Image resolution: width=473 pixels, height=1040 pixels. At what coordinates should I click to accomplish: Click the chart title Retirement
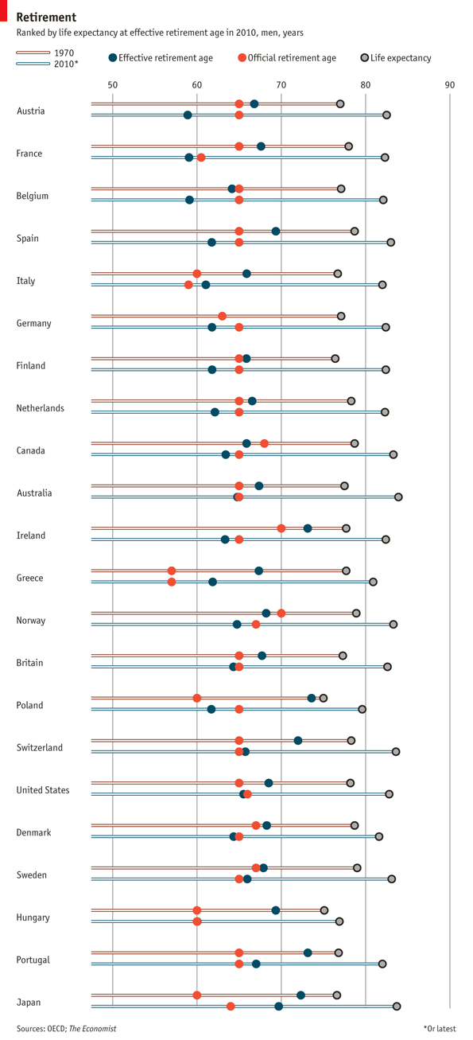[46, 18]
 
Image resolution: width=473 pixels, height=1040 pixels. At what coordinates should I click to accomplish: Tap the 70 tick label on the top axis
[281, 84]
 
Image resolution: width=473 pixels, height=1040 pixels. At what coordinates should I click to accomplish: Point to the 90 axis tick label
[450, 84]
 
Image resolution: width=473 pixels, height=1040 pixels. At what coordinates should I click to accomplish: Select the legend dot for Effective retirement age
[113, 57]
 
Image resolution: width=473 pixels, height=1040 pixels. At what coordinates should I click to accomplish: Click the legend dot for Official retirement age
[242, 57]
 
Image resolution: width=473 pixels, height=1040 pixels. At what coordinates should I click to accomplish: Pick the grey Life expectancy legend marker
[365, 57]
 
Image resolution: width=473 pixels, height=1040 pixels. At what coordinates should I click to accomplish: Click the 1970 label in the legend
[65, 53]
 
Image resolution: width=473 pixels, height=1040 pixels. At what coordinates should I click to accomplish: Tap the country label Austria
[30, 111]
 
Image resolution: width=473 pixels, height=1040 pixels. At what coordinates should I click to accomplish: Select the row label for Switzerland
[41, 748]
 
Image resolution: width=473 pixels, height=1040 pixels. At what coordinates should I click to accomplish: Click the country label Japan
[29, 1003]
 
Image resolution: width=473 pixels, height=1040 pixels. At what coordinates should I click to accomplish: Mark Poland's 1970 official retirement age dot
[197, 698]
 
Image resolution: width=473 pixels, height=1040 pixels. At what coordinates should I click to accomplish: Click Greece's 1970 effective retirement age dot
[259, 571]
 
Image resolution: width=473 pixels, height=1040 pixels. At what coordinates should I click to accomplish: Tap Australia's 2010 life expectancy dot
[398, 497]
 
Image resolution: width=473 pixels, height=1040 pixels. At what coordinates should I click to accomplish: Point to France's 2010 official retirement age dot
[201, 158]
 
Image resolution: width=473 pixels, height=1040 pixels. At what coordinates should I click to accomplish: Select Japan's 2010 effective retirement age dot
[279, 1007]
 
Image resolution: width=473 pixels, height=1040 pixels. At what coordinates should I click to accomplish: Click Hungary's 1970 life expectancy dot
[324, 910]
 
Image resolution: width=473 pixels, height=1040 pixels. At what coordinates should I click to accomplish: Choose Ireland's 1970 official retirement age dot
[281, 528]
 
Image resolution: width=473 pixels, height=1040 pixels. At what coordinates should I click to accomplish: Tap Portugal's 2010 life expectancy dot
[382, 964]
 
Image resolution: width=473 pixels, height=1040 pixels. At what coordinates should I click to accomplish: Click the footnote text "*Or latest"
[440, 1029]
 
